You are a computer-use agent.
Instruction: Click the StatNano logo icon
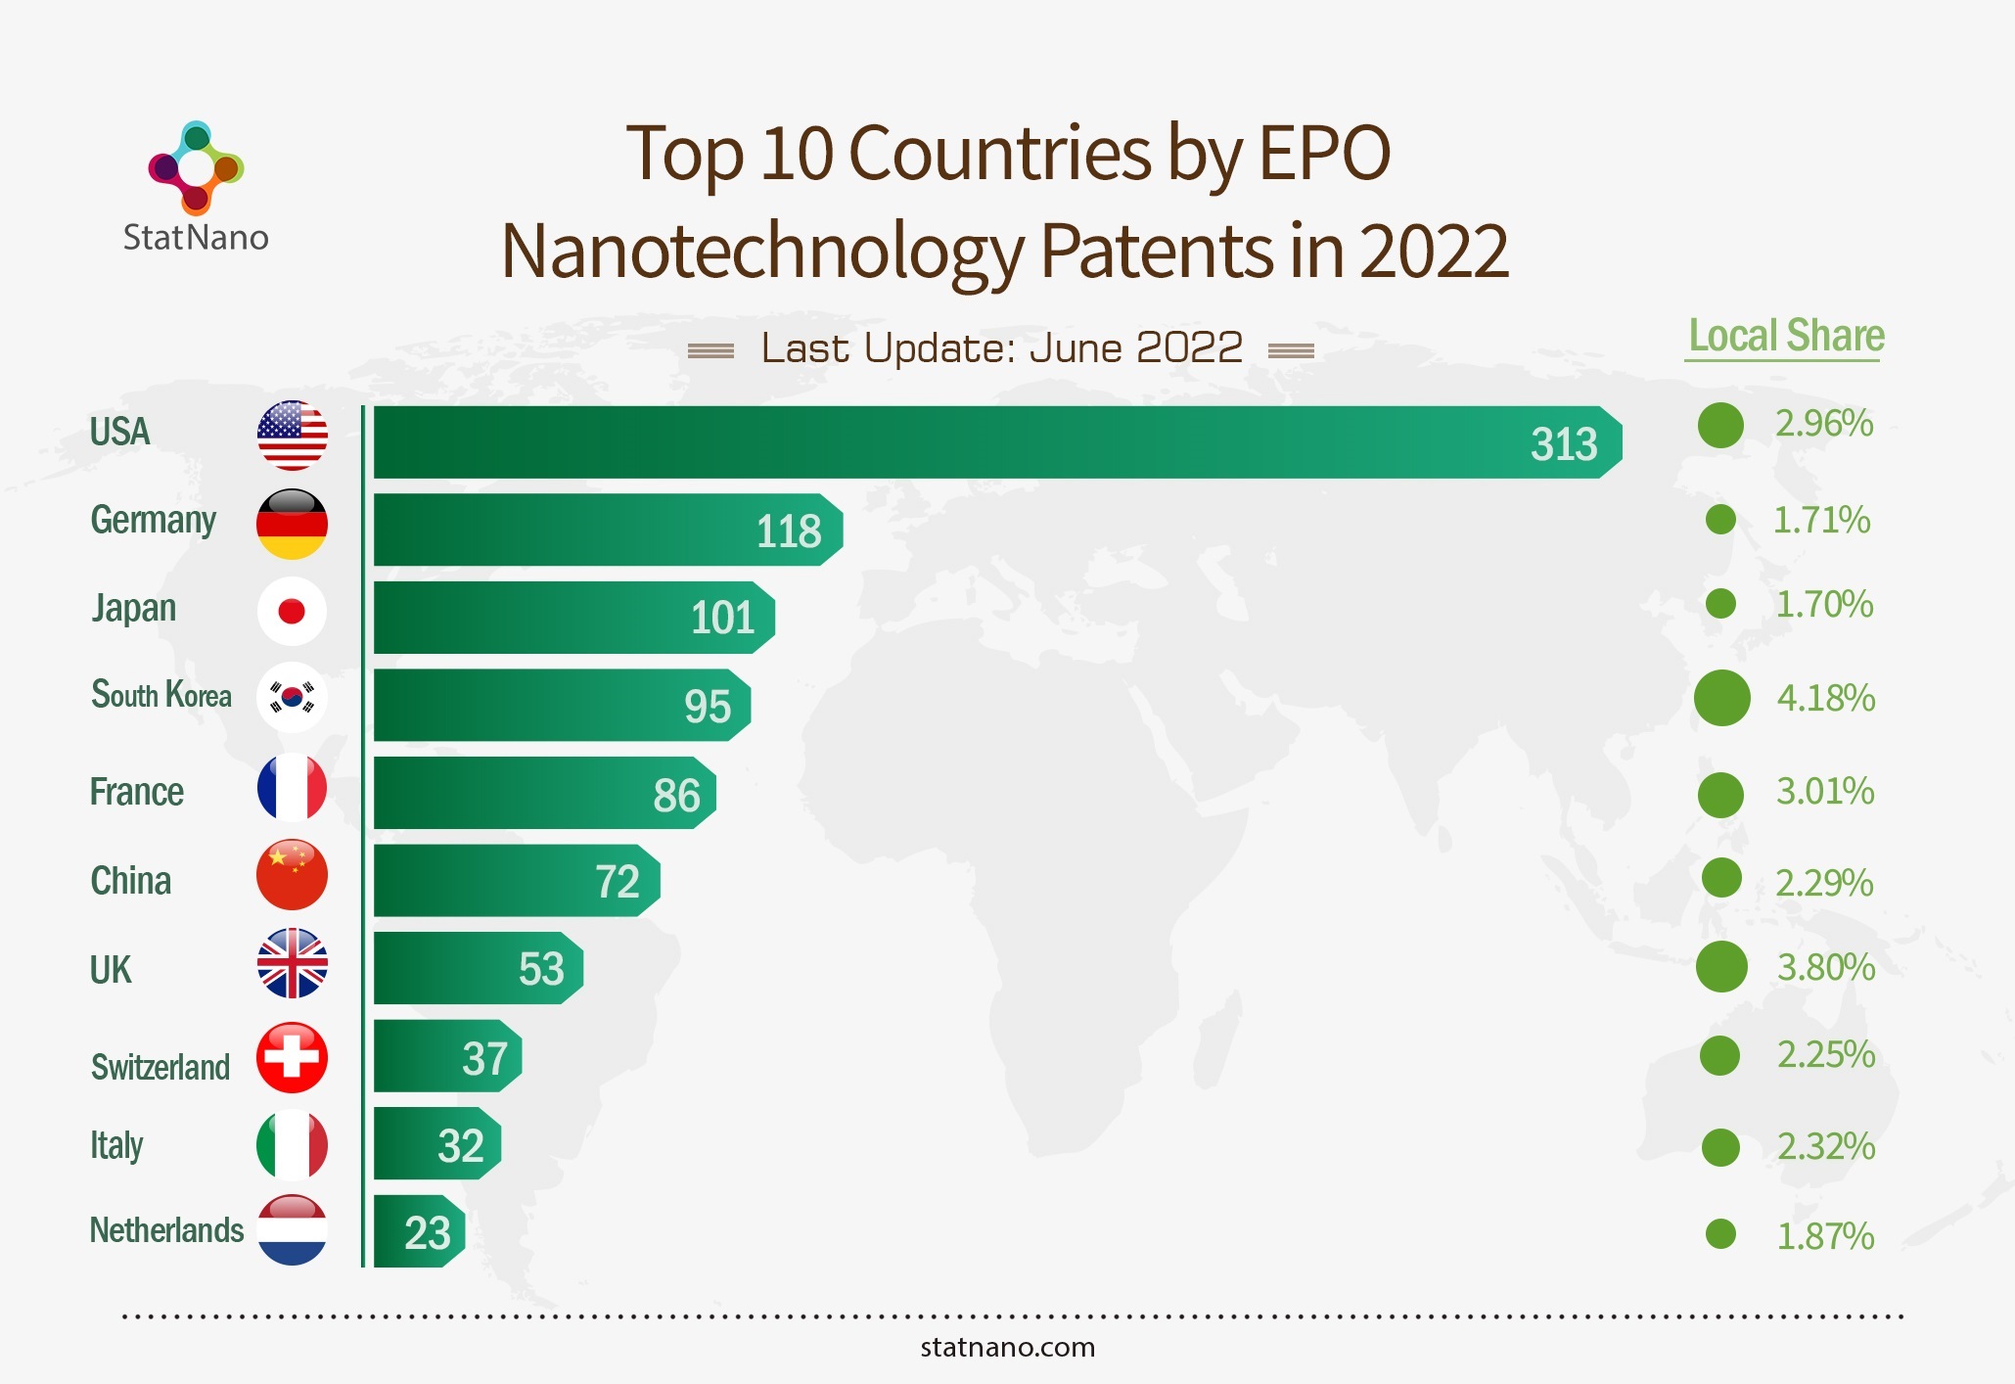point(196,167)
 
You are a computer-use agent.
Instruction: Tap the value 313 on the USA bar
point(1563,444)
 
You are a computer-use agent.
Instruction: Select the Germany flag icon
point(292,525)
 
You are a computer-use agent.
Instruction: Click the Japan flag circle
point(292,611)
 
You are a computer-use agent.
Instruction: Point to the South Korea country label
point(161,695)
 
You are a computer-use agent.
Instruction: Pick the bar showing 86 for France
point(543,793)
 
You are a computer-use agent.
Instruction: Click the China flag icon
point(292,874)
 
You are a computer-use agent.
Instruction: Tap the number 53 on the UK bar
point(541,969)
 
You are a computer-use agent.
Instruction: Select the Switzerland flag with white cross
point(292,1057)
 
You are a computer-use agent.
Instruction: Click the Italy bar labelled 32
point(436,1143)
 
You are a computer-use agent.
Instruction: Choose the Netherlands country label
point(166,1230)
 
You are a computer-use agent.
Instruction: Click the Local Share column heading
point(1786,336)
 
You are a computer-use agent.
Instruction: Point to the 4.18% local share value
point(1825,698)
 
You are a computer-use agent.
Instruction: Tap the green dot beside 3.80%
point(1721,967)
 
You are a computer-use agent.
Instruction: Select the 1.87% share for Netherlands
point(1825,1236)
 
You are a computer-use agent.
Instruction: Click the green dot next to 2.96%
point(1720,425)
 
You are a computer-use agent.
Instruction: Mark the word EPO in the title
point(1324,154)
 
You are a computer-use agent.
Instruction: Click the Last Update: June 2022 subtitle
point(1001,348)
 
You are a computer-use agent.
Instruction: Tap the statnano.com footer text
point(1007,1348)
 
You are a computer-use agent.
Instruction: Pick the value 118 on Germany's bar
point(788,531)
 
